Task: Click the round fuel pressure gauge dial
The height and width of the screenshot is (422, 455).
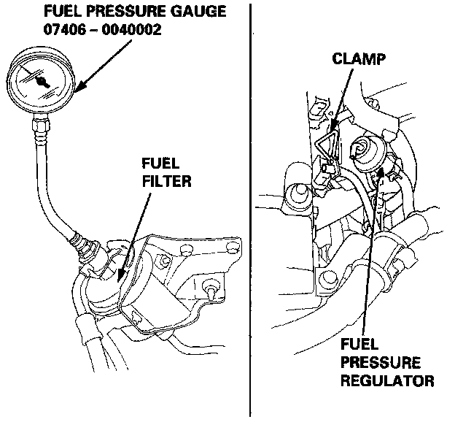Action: (42, 80)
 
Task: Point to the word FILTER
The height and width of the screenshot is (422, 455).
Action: (166, 179)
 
